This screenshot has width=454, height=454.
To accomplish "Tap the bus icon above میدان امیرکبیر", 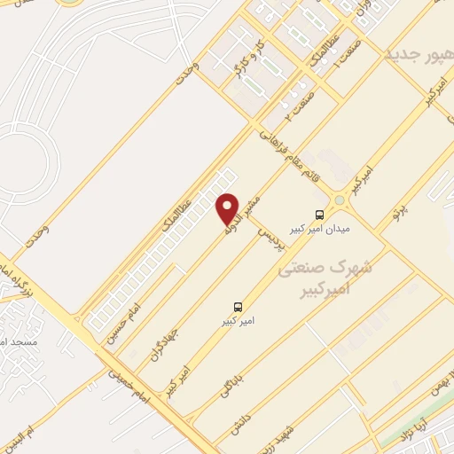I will pos(319,214).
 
